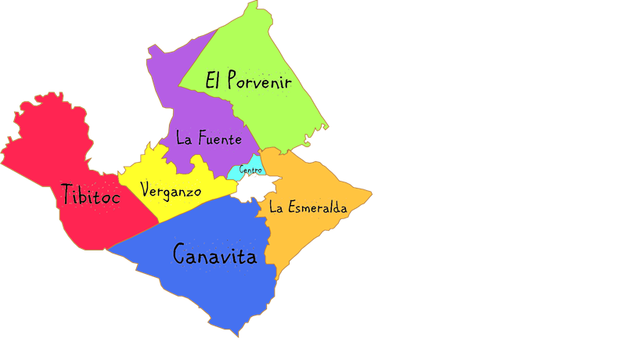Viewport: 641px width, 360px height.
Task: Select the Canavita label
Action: tap(214, 254)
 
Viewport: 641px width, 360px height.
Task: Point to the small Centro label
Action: tap(250, 170)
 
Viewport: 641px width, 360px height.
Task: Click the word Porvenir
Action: tap(259, 81)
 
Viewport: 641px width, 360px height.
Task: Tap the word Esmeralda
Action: tap(317, 207)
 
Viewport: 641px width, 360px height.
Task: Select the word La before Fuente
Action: tap(185, 139)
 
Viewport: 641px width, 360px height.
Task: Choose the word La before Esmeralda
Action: tap(276, 207)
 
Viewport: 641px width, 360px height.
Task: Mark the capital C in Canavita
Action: tap(179, 254)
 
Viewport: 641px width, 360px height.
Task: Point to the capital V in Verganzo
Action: tap(146, 189)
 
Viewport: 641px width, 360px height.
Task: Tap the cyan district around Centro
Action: tap(237, 172)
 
